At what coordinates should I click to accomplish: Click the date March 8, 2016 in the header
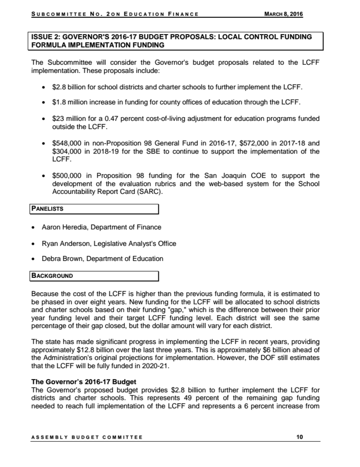click(284, 14)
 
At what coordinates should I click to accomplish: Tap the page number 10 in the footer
click(300, 437)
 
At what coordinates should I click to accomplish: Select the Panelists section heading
click(48, 209)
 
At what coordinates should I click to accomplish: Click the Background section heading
click(52, 276)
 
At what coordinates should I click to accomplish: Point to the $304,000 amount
click(67, 152)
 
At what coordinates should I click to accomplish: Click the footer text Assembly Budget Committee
click(87, 437)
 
